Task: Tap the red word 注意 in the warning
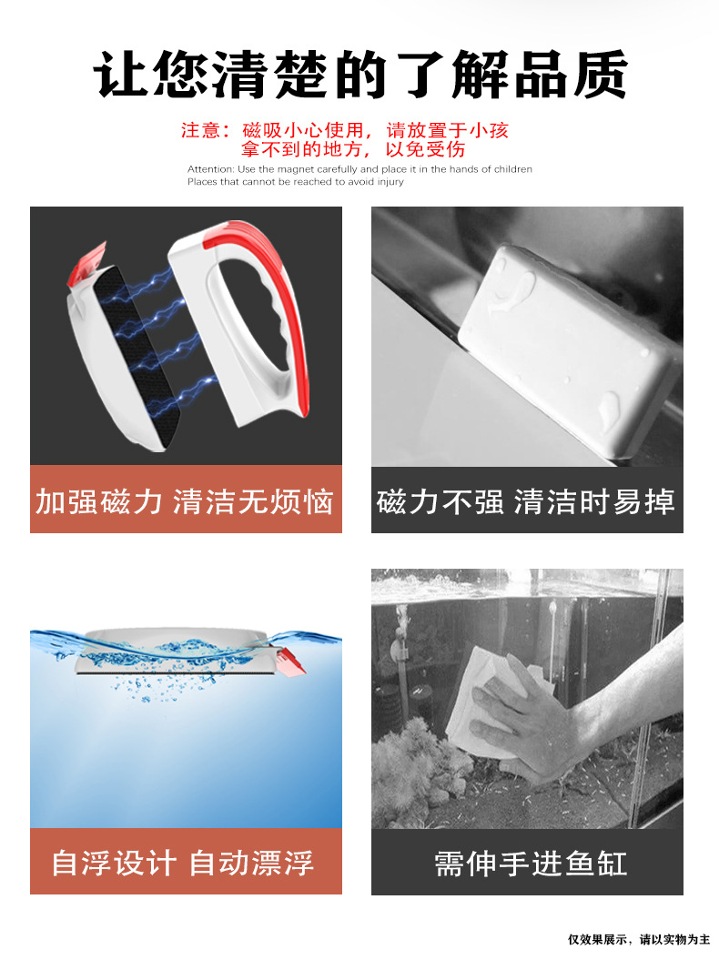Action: point(200,130)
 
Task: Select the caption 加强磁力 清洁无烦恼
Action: point(186,500)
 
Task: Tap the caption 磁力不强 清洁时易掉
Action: point(526,500)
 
